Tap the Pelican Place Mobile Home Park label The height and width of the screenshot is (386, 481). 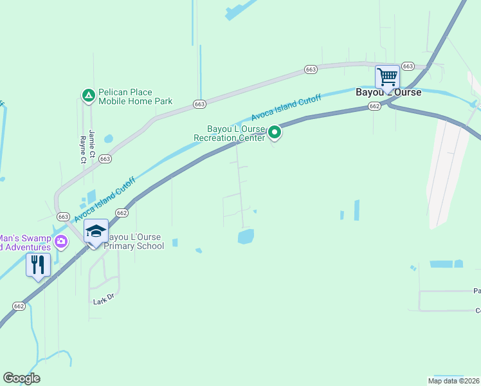[x=135, y=96]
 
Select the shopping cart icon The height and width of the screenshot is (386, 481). [x=387, y=77]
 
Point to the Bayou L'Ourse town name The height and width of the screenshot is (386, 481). [x=388, y=93]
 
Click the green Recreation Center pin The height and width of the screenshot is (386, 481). [x=275, y=133]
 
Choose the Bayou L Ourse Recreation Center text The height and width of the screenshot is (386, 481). [x=229, y=133]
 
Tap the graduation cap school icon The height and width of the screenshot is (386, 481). [x=96, y=232]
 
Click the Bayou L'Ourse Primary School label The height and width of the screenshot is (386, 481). [x=136, y=241]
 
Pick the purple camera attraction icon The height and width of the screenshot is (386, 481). [x=61, y=242]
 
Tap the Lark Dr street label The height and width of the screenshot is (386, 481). [x=103, y=300]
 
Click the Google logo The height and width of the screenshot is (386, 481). [x=21, y=378]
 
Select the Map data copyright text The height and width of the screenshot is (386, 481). [x=454, y=381]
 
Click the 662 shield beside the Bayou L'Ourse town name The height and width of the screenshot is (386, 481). [x=375, y=107]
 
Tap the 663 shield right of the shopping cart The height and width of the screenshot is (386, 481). [x=408, y=66]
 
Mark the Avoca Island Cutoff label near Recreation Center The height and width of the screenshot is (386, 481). [x=286, y=108]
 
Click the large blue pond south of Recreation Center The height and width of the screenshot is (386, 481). [x=246, y=237]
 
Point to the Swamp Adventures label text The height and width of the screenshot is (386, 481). [x=26, y=243]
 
